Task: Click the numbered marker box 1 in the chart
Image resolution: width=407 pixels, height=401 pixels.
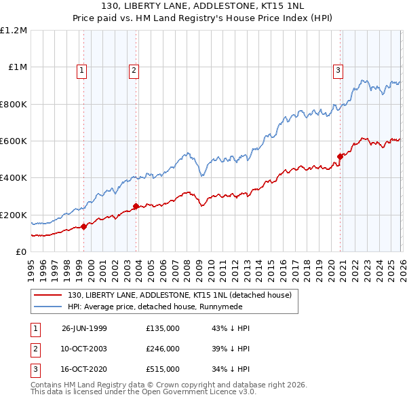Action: tap(81, 69)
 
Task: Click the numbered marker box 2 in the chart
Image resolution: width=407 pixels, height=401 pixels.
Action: tap(134, 69)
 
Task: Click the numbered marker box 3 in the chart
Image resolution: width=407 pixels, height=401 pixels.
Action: tap(338, 69)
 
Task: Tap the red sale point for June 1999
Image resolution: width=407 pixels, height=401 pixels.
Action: tap(84, 226)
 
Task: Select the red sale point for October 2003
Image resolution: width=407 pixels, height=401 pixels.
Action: tap(136, 206)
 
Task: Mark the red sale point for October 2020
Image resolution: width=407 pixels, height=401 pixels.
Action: tap(340, 156)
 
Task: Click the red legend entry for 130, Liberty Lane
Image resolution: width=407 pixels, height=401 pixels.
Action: tap(179, 295)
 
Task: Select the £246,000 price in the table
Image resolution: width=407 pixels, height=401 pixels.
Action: tap(163, 349)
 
